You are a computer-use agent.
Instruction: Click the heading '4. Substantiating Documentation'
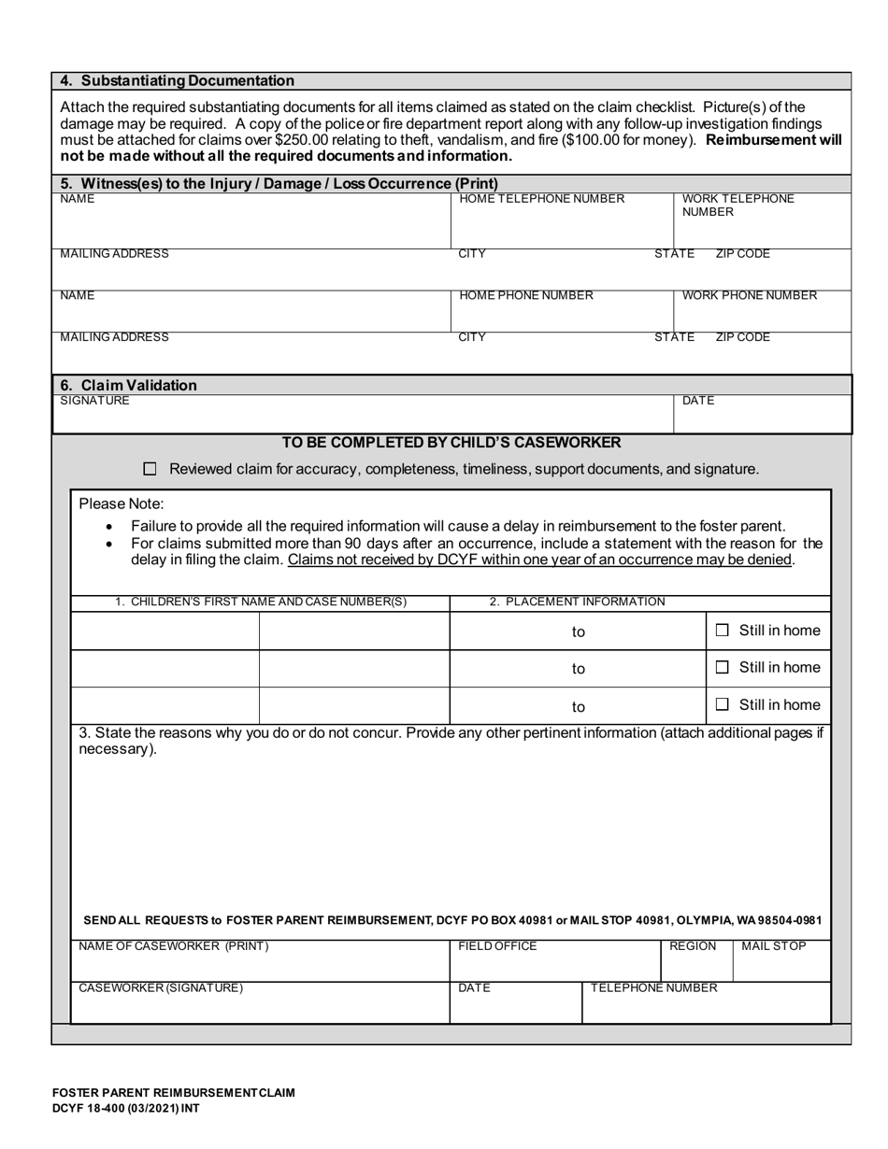tap(177, 80)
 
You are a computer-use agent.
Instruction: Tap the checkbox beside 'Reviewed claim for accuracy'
tap(150, 469)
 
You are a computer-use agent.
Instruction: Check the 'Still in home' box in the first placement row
tap(722, 631)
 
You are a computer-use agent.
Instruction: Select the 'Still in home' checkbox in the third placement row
tap(722, 705)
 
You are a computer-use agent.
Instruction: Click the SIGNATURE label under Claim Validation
tap(94, 401)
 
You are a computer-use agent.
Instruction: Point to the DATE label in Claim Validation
tap(697, 401)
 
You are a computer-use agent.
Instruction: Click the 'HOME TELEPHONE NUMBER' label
tap(541, 199)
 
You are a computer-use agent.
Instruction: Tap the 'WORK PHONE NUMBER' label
tap(749, 296)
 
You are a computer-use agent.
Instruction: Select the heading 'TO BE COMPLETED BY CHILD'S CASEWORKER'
tap(451, 443)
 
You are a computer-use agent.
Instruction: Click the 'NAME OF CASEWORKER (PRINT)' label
tap(173, 946)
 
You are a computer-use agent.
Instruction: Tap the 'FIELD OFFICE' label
tap(497, 946)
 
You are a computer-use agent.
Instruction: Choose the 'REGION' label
tap(693, 946)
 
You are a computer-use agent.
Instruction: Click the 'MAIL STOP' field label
tap(773, 946)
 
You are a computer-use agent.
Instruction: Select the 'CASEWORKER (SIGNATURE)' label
tap(161, 987)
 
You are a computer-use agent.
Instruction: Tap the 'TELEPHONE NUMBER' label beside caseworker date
tap(653, 987)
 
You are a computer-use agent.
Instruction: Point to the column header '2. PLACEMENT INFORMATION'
tap(577, 602)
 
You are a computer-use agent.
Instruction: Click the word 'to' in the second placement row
tap(579, 669)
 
